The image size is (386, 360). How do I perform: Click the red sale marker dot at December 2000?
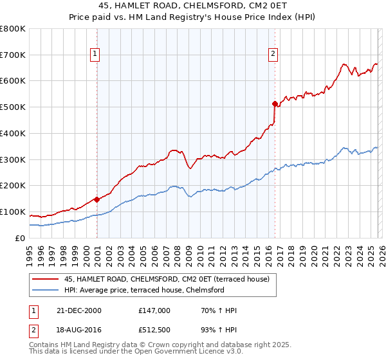96,199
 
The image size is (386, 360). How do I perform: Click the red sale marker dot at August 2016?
275,103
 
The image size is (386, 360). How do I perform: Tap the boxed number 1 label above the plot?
95,54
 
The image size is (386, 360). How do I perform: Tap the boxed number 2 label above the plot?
273,54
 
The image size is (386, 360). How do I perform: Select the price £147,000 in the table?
154,310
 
